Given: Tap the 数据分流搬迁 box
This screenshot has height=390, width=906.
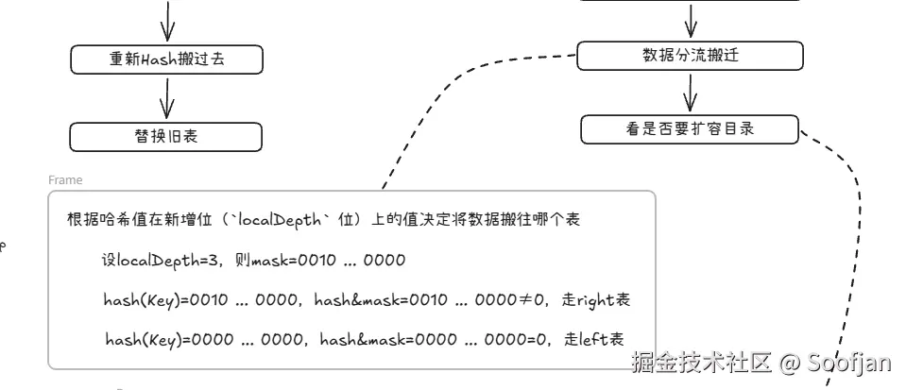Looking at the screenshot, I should coord(690,55).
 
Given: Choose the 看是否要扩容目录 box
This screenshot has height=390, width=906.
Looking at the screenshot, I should coord(690,129).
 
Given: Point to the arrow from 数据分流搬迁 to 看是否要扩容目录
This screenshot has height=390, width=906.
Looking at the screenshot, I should coord(690,92).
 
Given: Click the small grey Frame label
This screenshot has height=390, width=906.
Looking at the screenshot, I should coord(65,180).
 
